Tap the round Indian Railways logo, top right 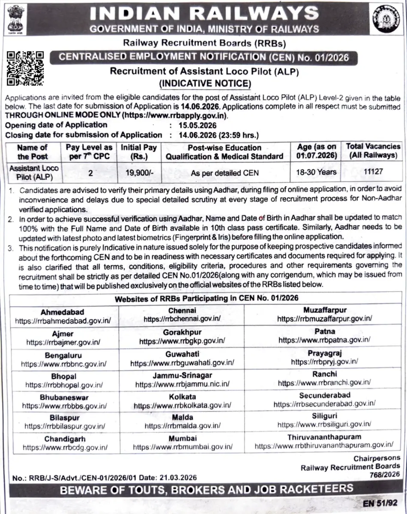(387, 19)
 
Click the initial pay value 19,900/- (138, 173)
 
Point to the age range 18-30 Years (316, 173)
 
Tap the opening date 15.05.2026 (193, 126)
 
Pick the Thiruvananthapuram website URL (323, 446)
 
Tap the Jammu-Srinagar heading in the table (182, 376)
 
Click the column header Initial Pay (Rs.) (138, 152)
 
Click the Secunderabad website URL (324, 403)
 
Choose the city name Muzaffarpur (324, 310)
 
